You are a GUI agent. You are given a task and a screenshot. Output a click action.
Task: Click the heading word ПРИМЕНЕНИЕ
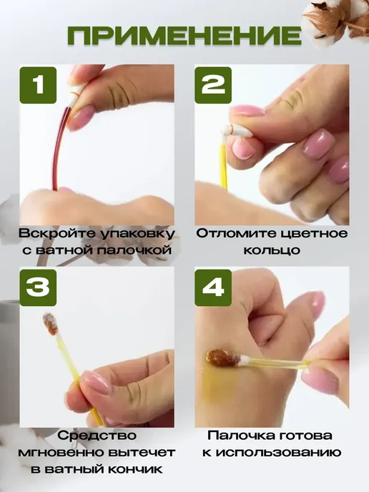tap(184, 36)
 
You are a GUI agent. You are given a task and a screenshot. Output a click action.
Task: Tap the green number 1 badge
tap(38, 85)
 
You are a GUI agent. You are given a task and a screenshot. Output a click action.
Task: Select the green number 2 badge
tap(213, 85)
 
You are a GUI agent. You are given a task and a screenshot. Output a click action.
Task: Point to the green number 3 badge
tap(38, 287)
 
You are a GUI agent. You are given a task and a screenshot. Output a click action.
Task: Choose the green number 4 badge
tap(213, 287)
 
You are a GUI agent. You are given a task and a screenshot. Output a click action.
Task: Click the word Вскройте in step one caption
tap(56, 234)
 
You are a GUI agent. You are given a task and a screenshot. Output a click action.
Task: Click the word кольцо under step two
tap(272, 250)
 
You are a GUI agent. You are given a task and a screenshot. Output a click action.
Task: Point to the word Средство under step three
tap(97, 436)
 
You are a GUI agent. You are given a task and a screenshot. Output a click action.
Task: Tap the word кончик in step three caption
tap(136, 470)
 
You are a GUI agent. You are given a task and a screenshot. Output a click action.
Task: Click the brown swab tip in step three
tap(51, 324)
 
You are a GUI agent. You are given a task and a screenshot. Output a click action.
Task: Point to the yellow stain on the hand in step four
tap(217, 385)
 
